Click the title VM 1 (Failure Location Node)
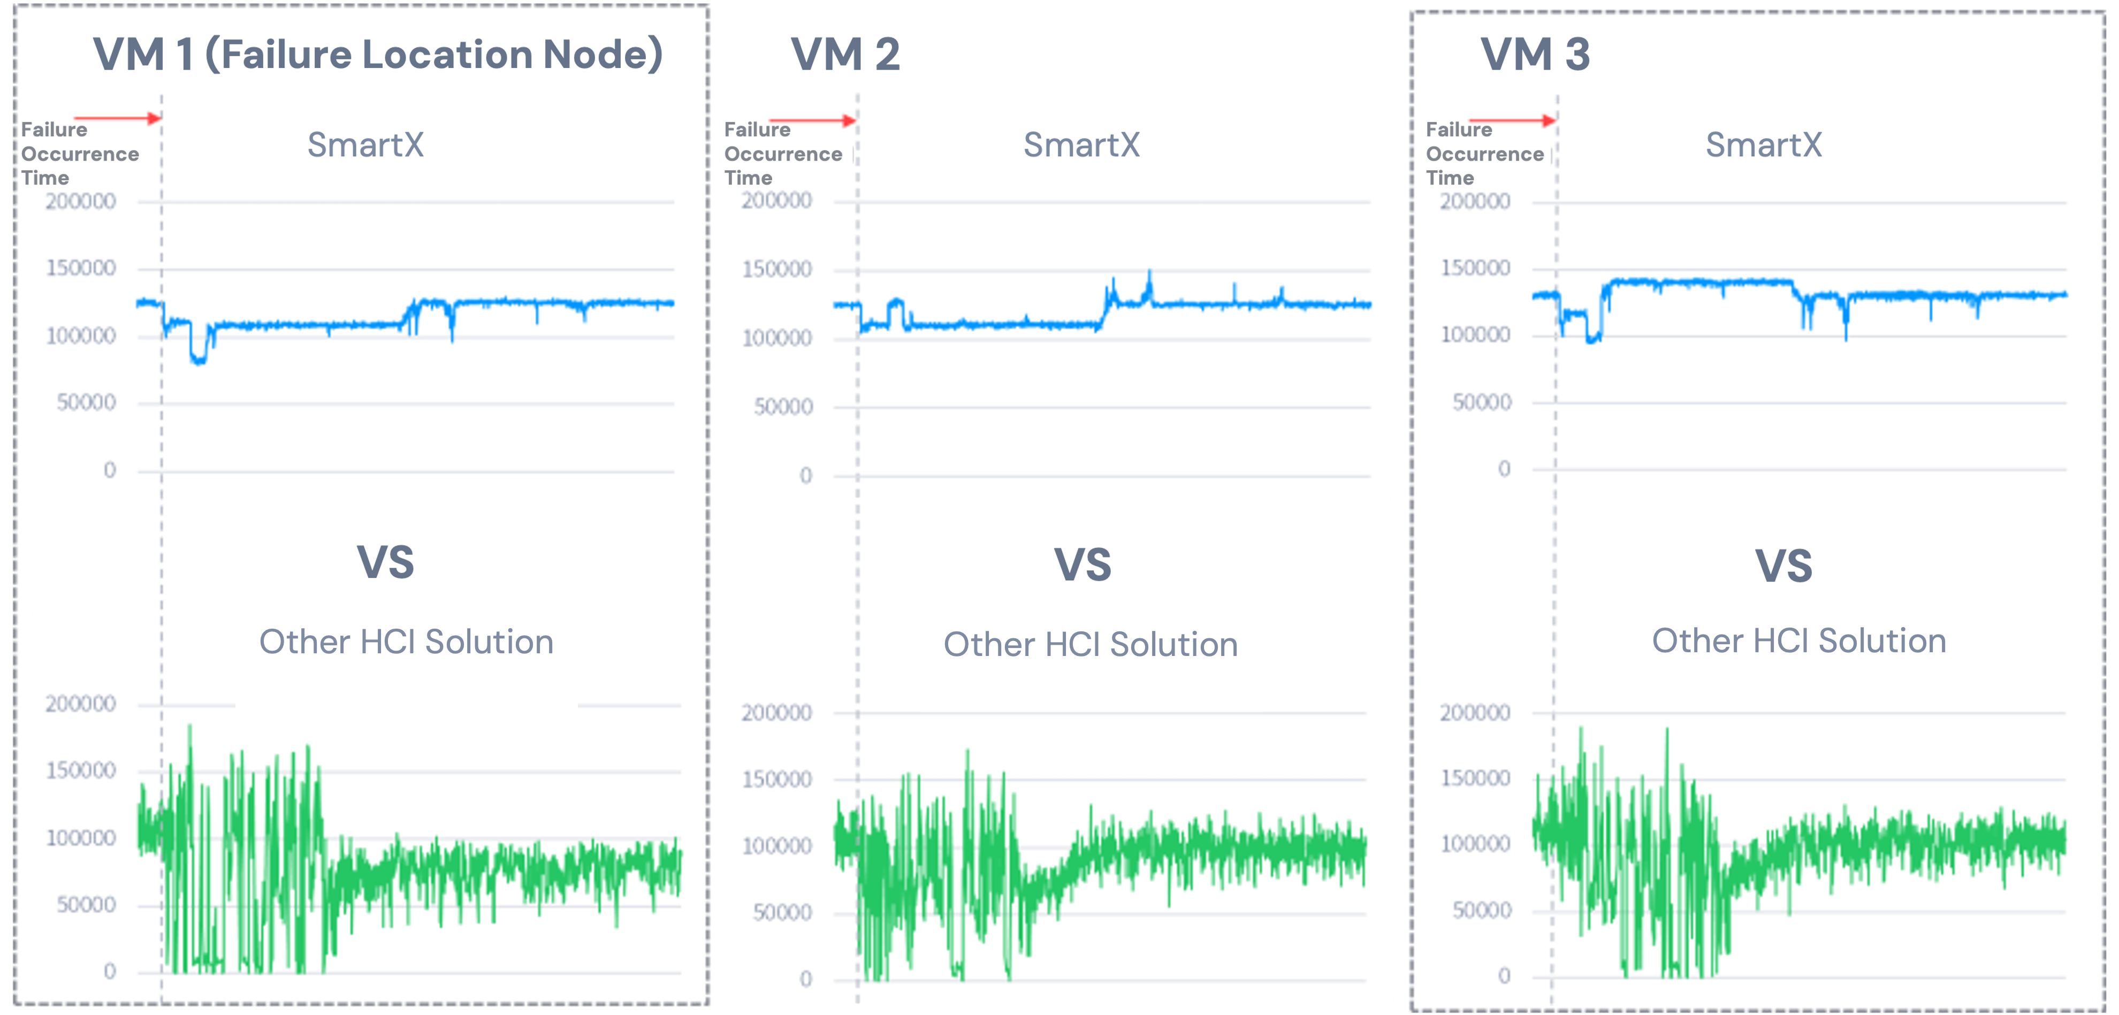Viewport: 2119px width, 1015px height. tap(378, 55)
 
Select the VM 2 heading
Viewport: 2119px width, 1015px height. tap(845, 55)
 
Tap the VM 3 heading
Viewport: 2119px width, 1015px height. tap(1535, 55)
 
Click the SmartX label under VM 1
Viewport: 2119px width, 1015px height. tap(365, 145)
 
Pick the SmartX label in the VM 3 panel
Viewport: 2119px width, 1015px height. tap(1763, 145)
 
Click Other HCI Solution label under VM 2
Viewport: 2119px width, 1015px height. tap(1090, 644)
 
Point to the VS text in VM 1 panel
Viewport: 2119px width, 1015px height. tap(385, 562)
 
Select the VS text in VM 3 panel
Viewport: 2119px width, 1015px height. tap(1783, 566)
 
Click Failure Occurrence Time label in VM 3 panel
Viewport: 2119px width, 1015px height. tap(1484, 154)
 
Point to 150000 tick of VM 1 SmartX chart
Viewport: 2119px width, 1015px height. tap(81, 268)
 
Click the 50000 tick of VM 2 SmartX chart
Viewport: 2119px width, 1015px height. tap(783, 406)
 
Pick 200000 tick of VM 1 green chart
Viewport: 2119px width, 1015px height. tap(81, 704)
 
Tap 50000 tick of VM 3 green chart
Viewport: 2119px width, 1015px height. tap(1482, 910)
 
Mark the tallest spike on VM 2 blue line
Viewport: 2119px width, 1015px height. tap(1150, 273)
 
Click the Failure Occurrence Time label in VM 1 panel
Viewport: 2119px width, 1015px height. tap(80, 154)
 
